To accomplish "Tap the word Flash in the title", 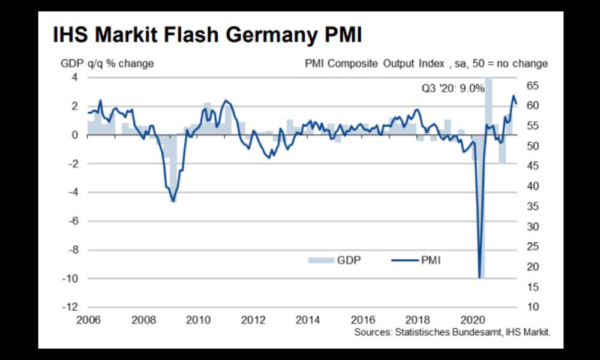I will (x=191, y=35).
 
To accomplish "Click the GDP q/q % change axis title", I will (x=107, y=64).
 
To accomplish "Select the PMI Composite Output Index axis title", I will (x=426, y=64).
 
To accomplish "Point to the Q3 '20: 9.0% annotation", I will (x=452, y=89).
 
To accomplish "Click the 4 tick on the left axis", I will (x=75, y=77).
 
